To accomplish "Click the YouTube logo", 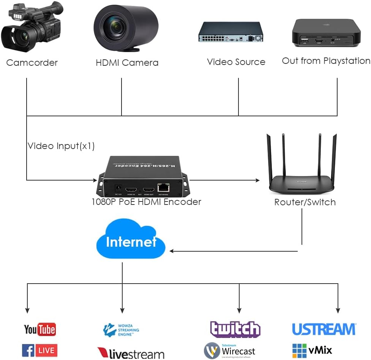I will tap(40, 329).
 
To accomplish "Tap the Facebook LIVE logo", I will tap(40, 350).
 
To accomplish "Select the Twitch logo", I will tap(235, 329).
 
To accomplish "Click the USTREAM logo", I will tap(324, 329).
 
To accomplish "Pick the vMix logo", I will tap(312, 350).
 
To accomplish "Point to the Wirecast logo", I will tap(230, 350).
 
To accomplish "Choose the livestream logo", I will tap(131, 353).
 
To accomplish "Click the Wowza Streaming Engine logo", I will tap(121, 330).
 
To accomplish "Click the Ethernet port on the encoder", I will tap(164, 187).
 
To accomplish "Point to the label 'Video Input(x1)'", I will tap(61, 146).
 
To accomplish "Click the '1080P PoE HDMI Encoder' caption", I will tap(146, 201).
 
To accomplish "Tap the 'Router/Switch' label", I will tap(305, 202).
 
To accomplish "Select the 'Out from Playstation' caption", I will tap(326, 61).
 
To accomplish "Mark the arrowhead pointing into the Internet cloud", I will tap(172, 251).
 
